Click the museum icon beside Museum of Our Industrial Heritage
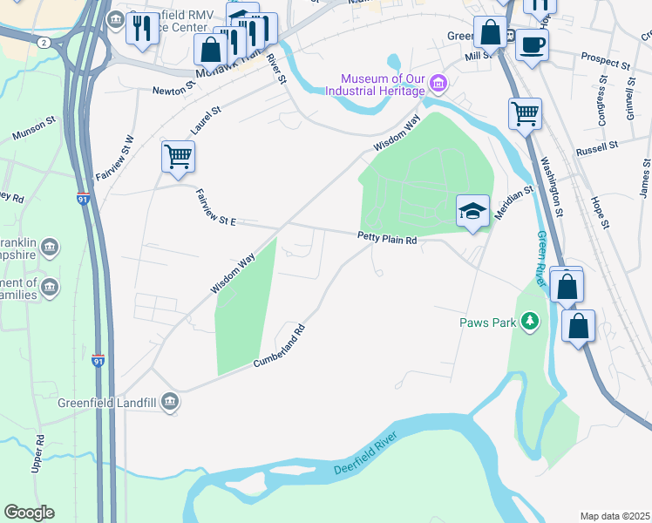438,85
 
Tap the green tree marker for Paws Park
530,323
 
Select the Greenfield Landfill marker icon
170,402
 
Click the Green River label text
542,259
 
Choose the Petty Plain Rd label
387,237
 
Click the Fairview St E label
216,209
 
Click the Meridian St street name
513,202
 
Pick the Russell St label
596,149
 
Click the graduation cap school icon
472,211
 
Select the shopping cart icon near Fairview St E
178,157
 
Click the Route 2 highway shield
43,42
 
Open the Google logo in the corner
29,512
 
